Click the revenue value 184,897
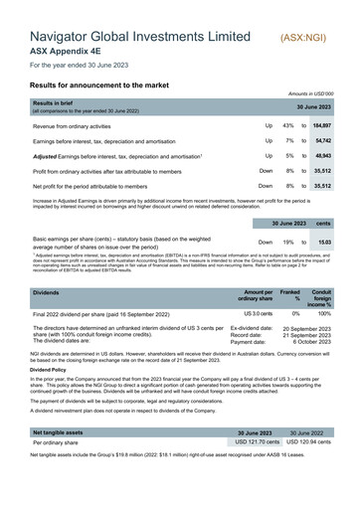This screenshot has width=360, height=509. [322, 127]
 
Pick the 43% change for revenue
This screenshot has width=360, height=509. [288, 127]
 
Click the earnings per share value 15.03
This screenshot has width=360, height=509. [324, 242]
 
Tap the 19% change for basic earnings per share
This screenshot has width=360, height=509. [288, 242]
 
